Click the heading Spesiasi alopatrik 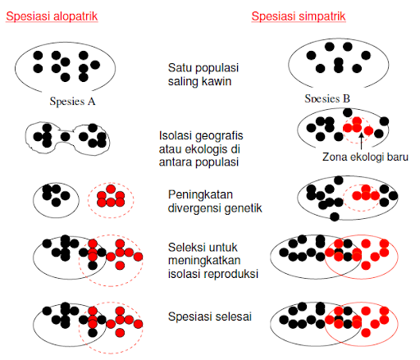[52, 16]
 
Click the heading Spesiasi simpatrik [299, 16]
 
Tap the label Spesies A [72, 102]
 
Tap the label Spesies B [327, 98]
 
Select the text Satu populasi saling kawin [203, 75]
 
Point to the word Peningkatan [200, 194]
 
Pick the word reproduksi [231, 274]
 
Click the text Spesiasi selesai [210, 317]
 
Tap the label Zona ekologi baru [365, 157]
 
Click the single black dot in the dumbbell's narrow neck [65, 136]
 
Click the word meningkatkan [204, 261]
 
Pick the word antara [176, 162]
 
